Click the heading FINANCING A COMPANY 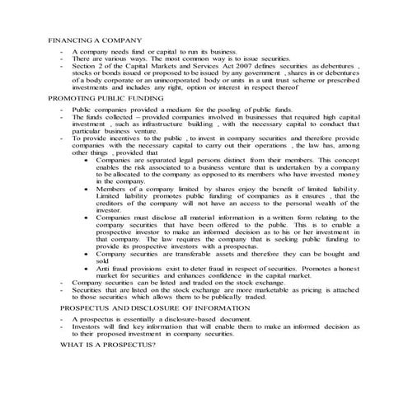coord(96,40)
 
